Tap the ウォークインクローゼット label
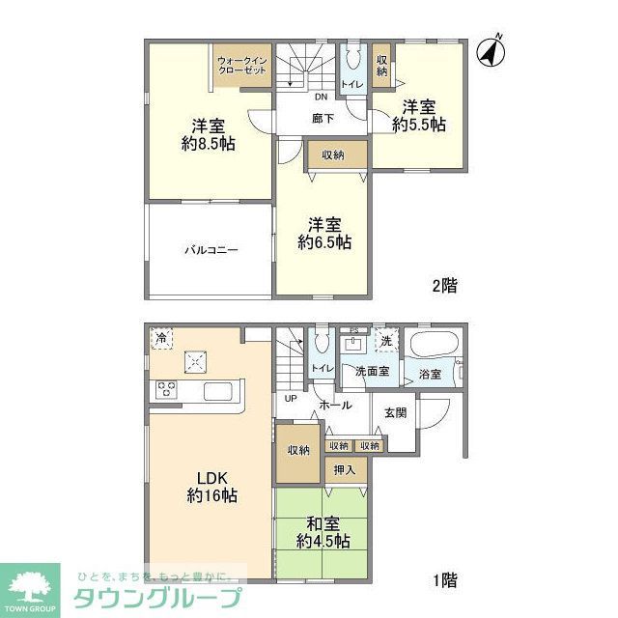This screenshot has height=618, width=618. click(x=243, y=66)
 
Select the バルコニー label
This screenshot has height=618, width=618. click(x=211, y=250)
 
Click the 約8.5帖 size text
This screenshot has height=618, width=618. click(x=209, y=144)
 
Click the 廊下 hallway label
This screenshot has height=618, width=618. click(x=323, y=119)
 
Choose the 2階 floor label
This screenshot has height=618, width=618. click(x=444, y=285)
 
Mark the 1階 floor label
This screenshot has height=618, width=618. click(x=444, y=579)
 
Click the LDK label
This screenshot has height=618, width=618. click(x=211, y=478)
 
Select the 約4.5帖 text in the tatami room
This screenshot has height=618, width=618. click(x=323, y=541)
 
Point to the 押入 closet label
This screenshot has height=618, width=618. click(x=344, y=470)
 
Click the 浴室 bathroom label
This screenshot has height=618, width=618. click(x=430, y=374)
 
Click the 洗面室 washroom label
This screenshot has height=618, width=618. click(x=372, y=372)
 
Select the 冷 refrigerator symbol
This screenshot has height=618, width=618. click(x=162, y=339)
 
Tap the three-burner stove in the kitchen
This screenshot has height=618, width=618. click(x=166, y=391)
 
